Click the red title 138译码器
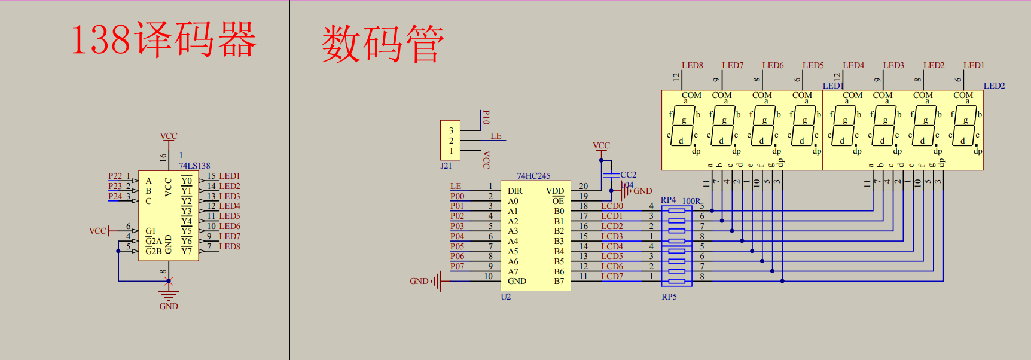pos(163,39)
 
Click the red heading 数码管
pos(383,44)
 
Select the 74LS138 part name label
pos(194,166)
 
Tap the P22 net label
pos(115,176)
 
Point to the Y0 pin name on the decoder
pos(187,181)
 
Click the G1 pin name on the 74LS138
pos(150,231)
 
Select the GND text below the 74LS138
pos(169,306)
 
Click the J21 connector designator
pos(446,166)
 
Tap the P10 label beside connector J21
pos(486,117)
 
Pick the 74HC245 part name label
pos(533,176)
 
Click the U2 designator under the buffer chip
pos(506,297)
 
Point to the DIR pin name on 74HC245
pos(515,191)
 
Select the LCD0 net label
pos(612,206)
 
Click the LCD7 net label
pos(612,276)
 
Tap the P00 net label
pos(457,196)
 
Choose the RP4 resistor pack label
pos(668,200)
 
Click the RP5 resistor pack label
pos(669,297)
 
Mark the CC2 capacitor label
pos(628,175)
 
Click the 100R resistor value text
pos(691,201)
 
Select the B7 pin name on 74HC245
pos(559,281)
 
